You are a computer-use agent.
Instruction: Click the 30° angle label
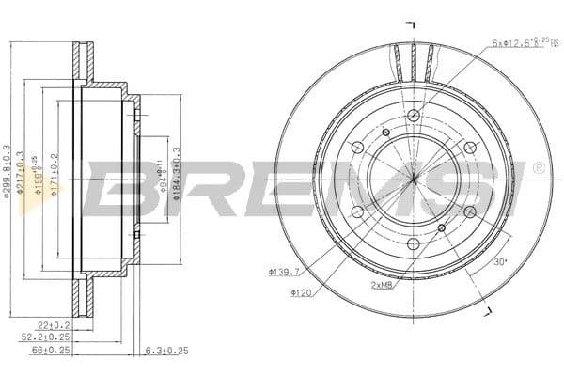(x=500, y=263)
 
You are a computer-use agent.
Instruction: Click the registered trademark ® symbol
(x=538, y=167)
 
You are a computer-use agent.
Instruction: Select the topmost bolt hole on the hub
(x=413, y=116)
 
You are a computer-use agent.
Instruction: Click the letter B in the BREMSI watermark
(x=117, y=188)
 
